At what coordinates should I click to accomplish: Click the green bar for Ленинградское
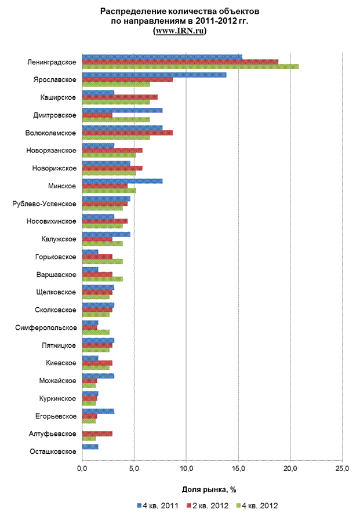click(190, 67)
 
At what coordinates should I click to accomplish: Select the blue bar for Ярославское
click(154, 75)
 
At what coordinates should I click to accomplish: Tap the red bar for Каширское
click(119, 97)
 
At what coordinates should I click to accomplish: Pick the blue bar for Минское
click(122, 181)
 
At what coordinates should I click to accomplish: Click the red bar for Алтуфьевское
click(97, 433)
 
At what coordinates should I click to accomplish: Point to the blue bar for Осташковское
click(90, 447)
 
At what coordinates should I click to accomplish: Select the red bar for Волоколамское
click(128, 133)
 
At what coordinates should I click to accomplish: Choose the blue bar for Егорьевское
click(98, 411)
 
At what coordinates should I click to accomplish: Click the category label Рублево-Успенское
click(44, 203)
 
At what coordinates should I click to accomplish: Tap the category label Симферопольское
click(46, 327)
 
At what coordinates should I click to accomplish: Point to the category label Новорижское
click(54, 168)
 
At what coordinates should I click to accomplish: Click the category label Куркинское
click(57, 398)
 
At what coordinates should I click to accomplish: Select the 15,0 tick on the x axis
click(238, 469)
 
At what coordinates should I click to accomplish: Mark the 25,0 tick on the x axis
click(343, 469)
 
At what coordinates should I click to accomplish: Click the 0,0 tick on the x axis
click(82, 469)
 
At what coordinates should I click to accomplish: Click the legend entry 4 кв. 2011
click(158, 506)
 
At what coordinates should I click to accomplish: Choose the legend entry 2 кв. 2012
click(208, 506)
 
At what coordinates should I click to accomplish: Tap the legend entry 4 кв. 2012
click(257, 506)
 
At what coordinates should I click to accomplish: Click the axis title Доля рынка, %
click(209, 490)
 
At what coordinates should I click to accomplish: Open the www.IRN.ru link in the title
click(180, 31)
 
